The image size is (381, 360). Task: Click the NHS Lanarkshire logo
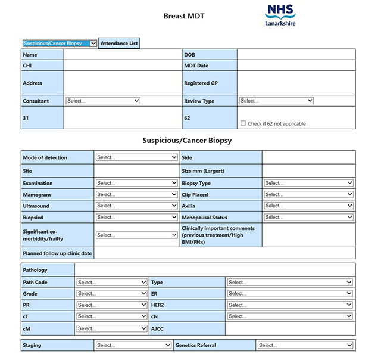pyautogui.click(x=280, y=15)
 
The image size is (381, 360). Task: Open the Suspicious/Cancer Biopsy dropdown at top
pyautogui.click(x=60, y=43)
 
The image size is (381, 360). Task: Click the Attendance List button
pyautogui.click(x=119, y=43)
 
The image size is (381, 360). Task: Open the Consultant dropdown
pyautogui.click(x=103, y=101)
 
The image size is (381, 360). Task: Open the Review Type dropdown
pyautogui.click(x=276, y=101)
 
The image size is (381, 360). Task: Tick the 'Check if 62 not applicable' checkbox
pyautogui.click(x=243, y=123)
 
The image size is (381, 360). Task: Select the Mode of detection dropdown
pyautogui.click(x=136, y=157)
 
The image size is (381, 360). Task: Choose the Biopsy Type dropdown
pyautogui.click(x=308, y=183)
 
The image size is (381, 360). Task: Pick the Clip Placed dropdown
pyautogui.click(x=308, y=194)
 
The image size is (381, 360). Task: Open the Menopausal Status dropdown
pyautogui.click(x=308, y=217)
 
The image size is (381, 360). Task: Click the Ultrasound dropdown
pyautogui.click(x=136, y=206)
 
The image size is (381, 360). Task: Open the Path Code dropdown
pyautogui.click(x=111, y=282)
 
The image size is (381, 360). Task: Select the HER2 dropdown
pyautogui.click(x=290, y=305)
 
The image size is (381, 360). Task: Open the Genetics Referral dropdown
pyautogui.click(x=305, y=345)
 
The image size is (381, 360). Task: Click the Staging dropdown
pyautogui.click(x=133, y=345)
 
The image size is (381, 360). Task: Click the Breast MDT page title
pyautogui.click(x=184, y=16)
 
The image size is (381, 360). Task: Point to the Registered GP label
pyautogui.click(x=201, y=83)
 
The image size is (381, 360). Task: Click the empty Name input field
pyautogui.click(x=123, y=55)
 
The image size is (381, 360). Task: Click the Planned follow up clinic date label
pyautogui.click(x=57, y=253)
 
